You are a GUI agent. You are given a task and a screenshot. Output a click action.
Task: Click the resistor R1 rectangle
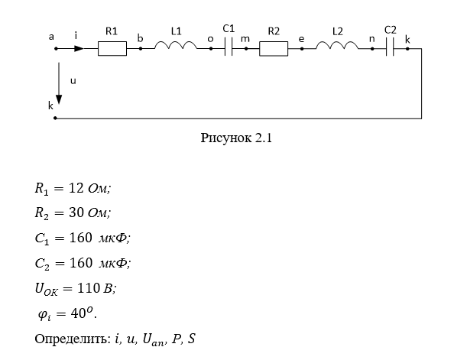(112, 48)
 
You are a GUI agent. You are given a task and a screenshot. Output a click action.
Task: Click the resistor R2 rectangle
(273, 48)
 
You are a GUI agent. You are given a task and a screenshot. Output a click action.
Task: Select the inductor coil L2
(336, 47)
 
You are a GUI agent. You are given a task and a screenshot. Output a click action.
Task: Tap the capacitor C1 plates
(228, 48)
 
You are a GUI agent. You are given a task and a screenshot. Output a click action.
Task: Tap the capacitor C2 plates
(390, 48)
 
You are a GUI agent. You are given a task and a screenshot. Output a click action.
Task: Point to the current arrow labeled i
(78, 48)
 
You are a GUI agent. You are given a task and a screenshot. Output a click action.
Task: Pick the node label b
(140, 36)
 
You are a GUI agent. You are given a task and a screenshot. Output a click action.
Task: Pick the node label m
(245, 36)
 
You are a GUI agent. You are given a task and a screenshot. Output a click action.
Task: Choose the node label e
(301, 36)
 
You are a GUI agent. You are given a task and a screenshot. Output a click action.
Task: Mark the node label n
(372, 36)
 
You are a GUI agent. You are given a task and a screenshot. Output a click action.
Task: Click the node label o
(210, 36)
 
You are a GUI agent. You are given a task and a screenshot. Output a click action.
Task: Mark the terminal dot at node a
(56, 48)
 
